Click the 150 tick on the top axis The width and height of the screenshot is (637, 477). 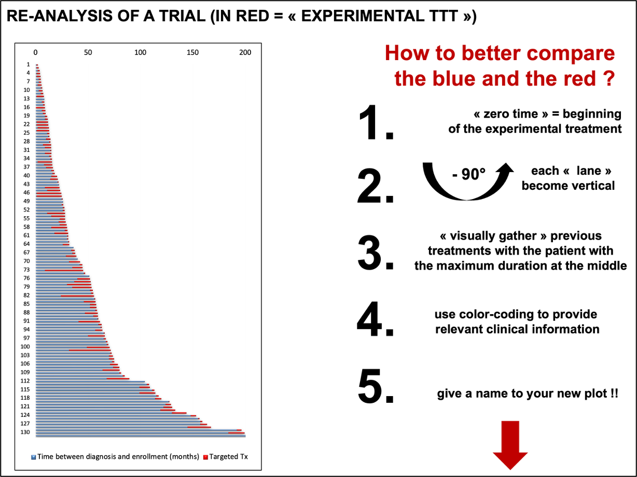[192, 52]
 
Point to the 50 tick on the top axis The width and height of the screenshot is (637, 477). [88, 52]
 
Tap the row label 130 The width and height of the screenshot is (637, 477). [25, 432]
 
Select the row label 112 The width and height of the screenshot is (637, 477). [25, 381]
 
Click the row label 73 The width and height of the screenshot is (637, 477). [26, 270]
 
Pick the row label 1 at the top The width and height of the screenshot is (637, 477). [28, 64]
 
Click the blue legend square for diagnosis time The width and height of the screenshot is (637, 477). [34, 457]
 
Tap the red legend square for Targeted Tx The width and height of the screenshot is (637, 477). [206, 457]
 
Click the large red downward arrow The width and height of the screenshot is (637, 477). [510, 445]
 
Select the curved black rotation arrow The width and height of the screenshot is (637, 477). [467, 197]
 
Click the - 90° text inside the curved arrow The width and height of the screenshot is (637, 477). [469, 174]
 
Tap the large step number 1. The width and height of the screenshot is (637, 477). [376, 123]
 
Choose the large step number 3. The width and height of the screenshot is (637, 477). [376, 252]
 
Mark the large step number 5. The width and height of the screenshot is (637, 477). [376, 387]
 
